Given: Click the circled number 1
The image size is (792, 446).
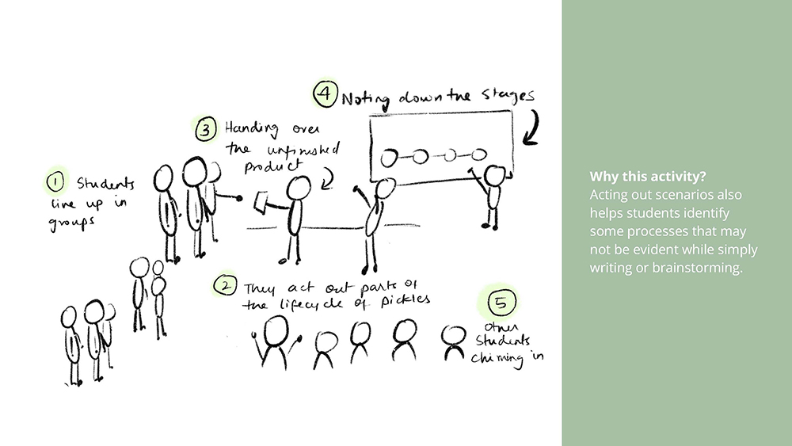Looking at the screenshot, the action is click(x=55, y=182).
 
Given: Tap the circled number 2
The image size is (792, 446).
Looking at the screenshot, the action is click(x=225, y=285).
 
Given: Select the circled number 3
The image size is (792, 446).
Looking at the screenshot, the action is click(x=206, y=129).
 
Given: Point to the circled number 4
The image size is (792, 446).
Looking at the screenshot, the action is click(x=326, y=93).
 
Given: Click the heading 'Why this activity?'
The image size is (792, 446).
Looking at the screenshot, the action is click(x=648, y=177).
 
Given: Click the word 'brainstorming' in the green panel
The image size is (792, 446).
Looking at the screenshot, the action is click(x=696, y=268).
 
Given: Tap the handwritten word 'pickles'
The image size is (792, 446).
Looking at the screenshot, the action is click(x=405, y=300).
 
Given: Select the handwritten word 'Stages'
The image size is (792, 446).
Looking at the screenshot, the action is click(x=508, y=95).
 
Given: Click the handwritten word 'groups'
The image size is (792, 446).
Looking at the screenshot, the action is click(x=71, y=223).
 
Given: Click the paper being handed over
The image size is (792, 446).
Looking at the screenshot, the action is click(x=261, y=202).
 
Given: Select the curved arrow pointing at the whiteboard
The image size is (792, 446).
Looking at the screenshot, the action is click(x=533, y=131).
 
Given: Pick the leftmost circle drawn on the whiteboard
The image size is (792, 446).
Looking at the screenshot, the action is click(x=389, y=158).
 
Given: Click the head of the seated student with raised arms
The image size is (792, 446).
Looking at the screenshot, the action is click(x=276, y=331).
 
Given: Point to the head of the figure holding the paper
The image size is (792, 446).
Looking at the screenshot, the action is click(x=299, y=189).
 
